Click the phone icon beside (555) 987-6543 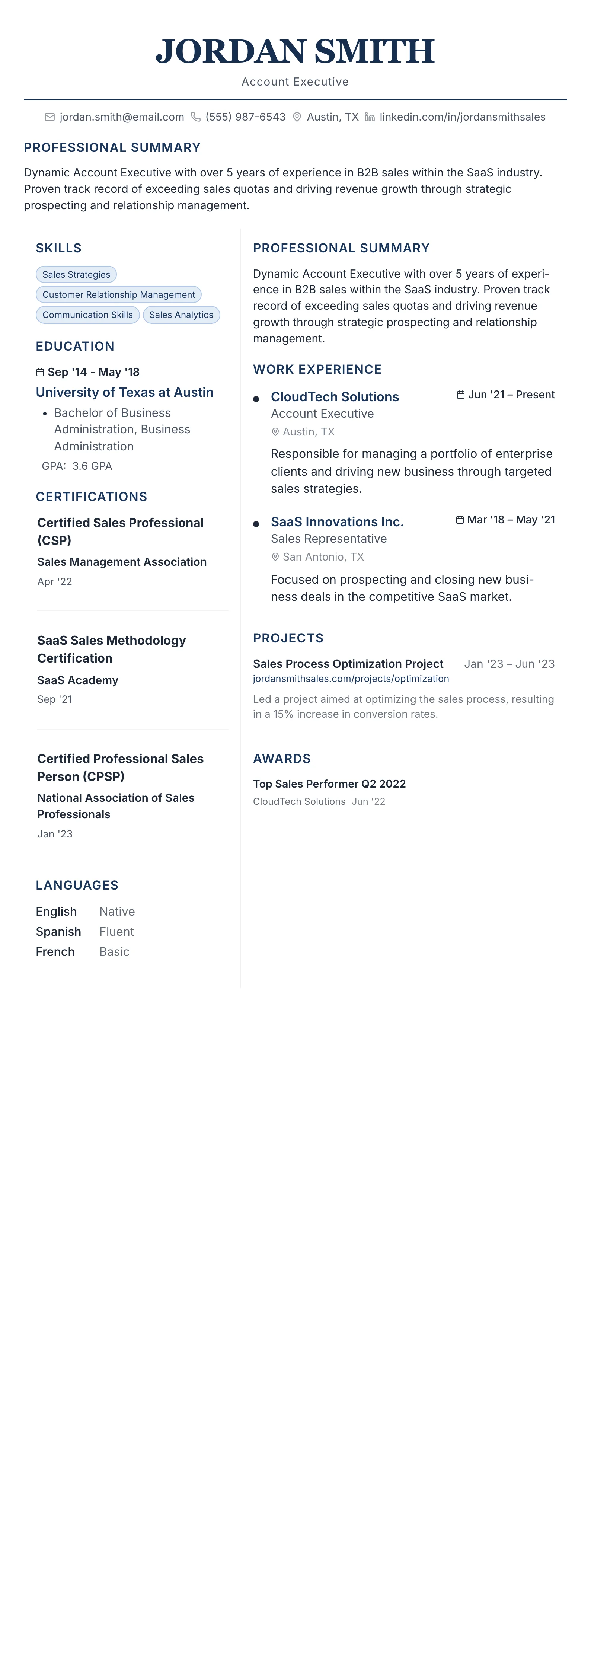[195, 117]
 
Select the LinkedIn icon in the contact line [370, 117]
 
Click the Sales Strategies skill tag [76, 275]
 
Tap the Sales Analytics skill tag [181, 315]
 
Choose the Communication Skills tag [87, 315]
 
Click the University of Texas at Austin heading [125, 392]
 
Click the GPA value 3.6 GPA [92, 466]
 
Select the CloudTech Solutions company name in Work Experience [335, 396]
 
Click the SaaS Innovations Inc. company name [337, 522]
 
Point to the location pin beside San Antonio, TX [275, 557]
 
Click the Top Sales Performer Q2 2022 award [329, 784]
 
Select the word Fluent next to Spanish [117, 931]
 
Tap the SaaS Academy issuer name [78, 680]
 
